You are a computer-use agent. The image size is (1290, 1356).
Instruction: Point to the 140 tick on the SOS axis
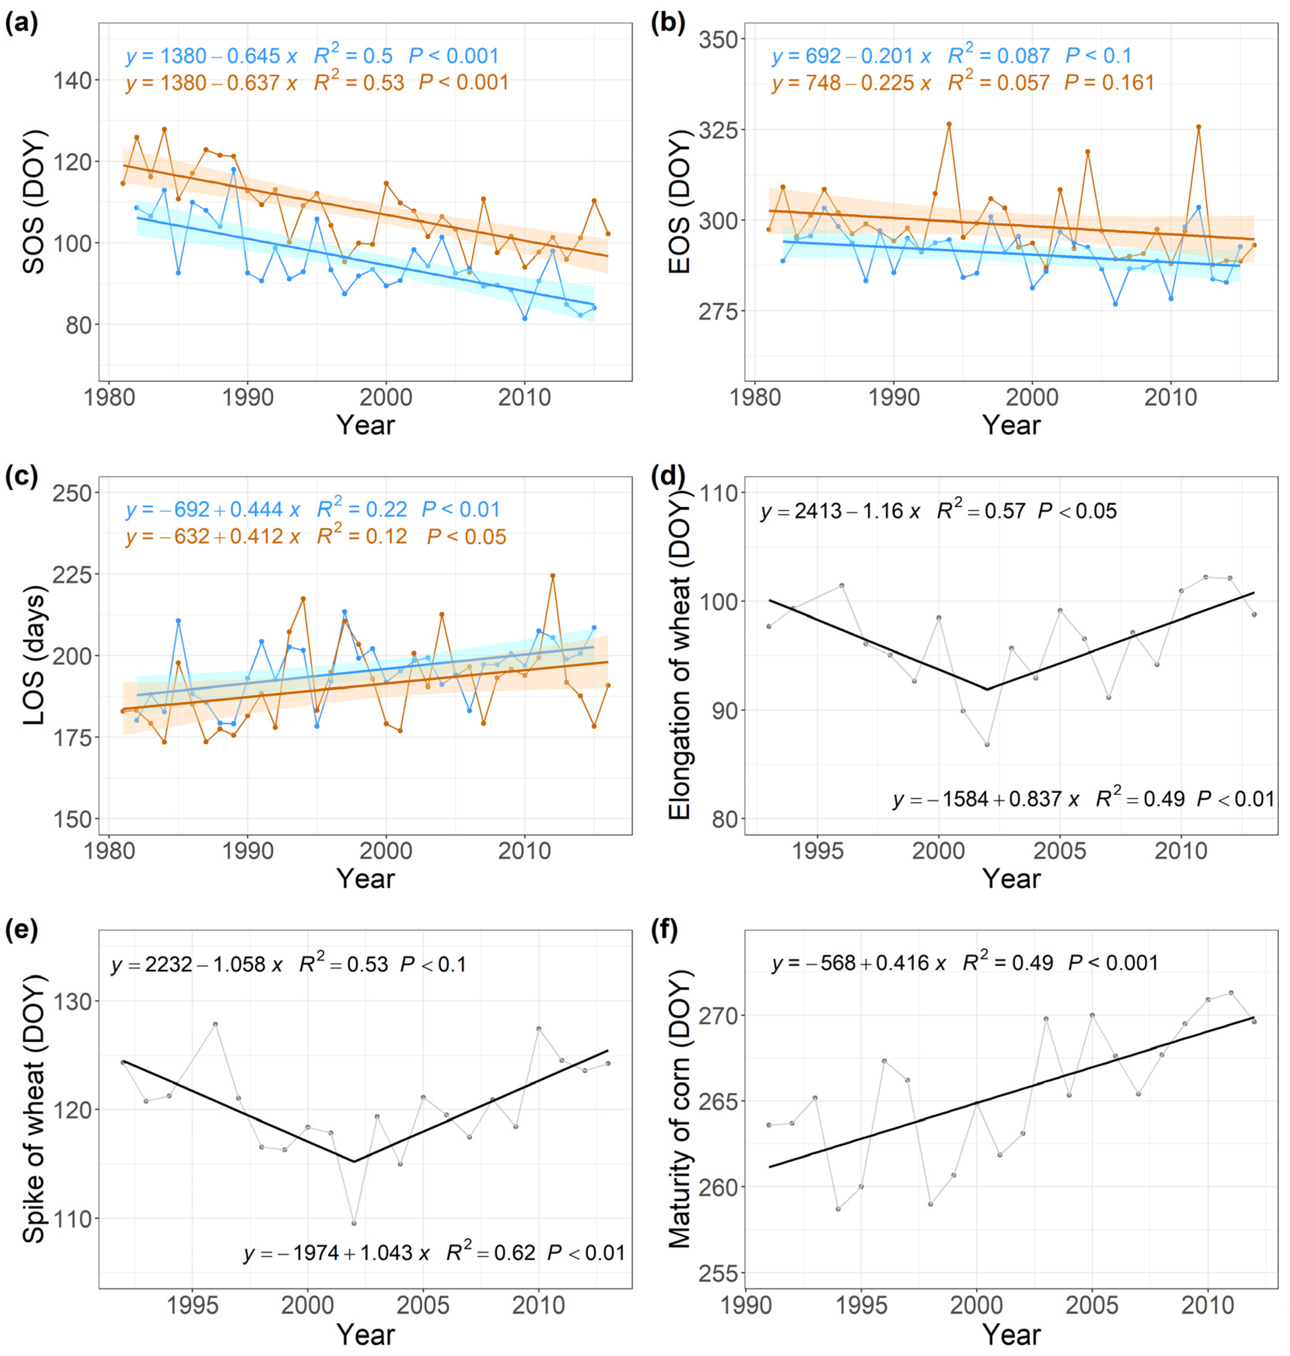pyautogui.click(x=72, y=81)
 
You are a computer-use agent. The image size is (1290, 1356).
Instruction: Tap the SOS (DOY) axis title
pyautogui.click(x=34, y=202)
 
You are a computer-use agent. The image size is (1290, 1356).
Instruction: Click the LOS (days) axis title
pyautogui.click(x=34, y=656)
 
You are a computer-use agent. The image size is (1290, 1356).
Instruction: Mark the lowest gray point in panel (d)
pyautogui.click(x=987, y=744)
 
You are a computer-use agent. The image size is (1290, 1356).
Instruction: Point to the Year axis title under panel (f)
pyautogui.click(x=1011, y=1335)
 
